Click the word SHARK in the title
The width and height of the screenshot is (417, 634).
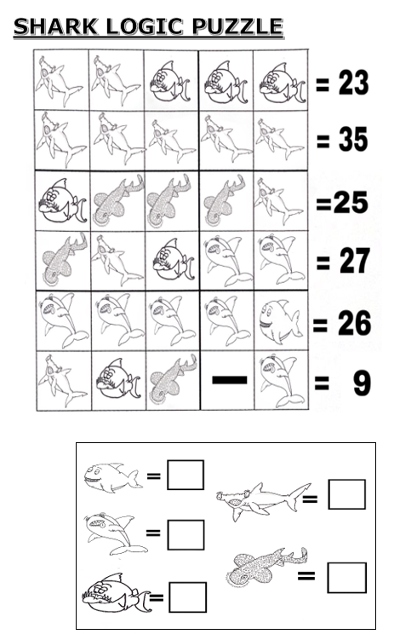tap(55, 26)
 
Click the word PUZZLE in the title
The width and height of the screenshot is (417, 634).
tap(237, 26)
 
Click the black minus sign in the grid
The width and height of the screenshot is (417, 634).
tap(229, 380)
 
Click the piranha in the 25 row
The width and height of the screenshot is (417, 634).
tap(63, 201)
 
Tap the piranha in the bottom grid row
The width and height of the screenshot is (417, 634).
tap(117, 380)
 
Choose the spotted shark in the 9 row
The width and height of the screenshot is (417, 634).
tap(173, 381)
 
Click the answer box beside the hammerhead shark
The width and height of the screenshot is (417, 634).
tap(346, 494)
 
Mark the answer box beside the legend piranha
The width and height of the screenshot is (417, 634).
tap(188, 597)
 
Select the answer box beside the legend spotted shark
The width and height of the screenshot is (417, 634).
tap(346, 578)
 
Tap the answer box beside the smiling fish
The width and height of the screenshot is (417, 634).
tap(186, 475)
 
